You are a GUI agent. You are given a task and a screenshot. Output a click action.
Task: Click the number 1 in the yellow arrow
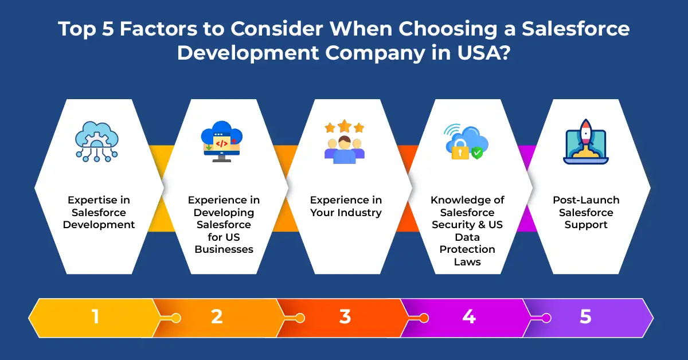[96, 316]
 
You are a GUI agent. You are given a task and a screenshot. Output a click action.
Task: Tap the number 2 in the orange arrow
[217, 316]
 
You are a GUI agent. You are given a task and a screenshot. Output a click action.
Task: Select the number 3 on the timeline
[345, 316]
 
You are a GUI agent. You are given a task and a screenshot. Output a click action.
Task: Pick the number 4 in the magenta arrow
[469, 316]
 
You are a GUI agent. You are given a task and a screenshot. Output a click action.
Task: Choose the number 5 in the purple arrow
[585, 316]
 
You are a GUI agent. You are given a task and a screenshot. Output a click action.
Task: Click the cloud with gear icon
[97, 141]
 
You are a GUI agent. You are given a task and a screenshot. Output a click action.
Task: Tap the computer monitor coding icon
[222, 141]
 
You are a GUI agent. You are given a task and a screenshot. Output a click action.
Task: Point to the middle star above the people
[345, 126]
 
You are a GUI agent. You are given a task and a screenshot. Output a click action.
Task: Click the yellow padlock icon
[460, 149]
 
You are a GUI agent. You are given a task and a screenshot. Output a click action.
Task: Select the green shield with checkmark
[477, 153]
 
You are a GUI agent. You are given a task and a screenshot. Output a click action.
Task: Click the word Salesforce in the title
[576, 29]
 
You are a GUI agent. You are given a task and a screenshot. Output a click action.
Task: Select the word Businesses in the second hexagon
[224, 249]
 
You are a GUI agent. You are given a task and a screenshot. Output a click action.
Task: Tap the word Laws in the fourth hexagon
[467, 262]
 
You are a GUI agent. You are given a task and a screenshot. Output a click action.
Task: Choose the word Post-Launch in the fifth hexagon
[586, 200]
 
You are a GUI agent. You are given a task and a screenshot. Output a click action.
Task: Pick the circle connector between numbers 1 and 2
[176, 318]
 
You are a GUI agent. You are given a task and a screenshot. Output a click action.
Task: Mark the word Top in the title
[77, 29]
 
